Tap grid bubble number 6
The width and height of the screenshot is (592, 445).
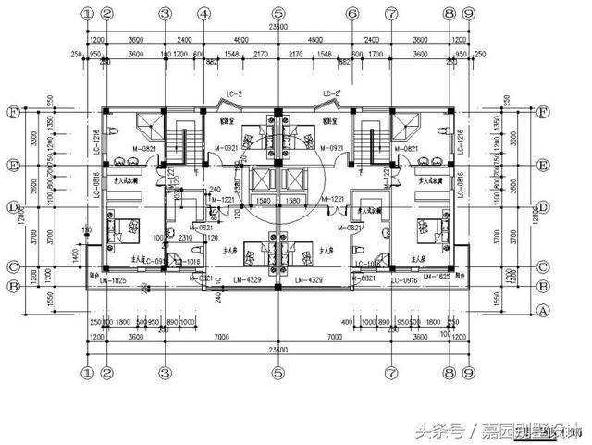[351, 15]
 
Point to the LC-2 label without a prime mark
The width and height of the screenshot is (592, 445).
[236, 94]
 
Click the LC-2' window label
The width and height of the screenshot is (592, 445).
[332, 94]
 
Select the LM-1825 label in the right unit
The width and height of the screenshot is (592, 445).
[438, 277]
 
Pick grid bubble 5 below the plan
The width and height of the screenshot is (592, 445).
[277, 373]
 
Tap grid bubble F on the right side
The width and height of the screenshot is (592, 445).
[542, 112]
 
